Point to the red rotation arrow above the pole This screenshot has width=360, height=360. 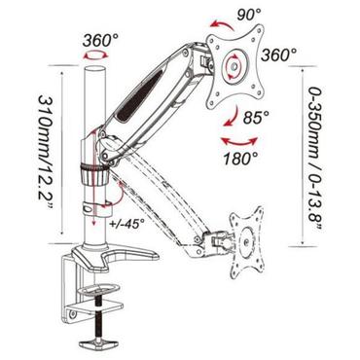pyautogui.click(x=94, y=58)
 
